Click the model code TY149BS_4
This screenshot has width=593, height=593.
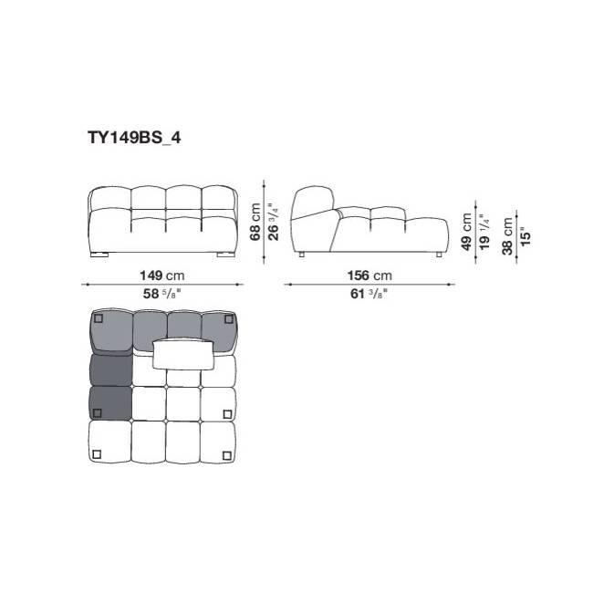[x=134, y=138]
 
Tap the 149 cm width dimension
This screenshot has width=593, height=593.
[x=162, y=276]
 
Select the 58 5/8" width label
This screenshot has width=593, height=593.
[x=161, y=294]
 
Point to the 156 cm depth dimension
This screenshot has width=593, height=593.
[x=369, y=276]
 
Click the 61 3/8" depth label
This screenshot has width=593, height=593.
[x=369, y=294]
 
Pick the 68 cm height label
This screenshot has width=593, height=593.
[x=255, y=222]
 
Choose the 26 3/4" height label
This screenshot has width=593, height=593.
[x=273, y=222]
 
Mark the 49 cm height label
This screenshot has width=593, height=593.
[x=467, y=232]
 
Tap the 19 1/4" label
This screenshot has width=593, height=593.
[x=484, y=232]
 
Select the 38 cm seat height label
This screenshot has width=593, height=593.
[x=507, y=236]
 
